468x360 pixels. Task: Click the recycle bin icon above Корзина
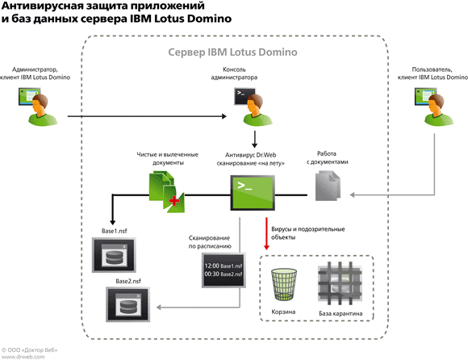pyautogui.click(x=283, y=284)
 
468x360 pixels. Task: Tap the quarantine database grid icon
pyautogui.click(x=340, y=283)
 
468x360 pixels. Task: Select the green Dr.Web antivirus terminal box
pyautogui.click(x=253, y=193)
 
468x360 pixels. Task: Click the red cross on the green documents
pyautogui.click(x=174, y=201)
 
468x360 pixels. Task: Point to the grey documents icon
pyautogui.click(x=328, y=186)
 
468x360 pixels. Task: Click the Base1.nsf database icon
pyautogui.click(x=114, y=255)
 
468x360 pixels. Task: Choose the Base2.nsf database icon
pyautogui.click(x=127, y=304)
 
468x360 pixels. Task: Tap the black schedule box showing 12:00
pyautogui.click(x=224, y=270)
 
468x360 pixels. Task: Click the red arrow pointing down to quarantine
pyautogui.click(x=266, y=234)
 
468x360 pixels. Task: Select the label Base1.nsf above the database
pyautogui.click(x=114, y=231)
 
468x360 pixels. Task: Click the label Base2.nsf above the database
pyautogui.click(x=128, y=281)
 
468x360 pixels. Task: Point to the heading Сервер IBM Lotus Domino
pyautogui.click(x=233, y=52)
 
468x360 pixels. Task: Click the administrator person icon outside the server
pyautogui.click(x=38, y=107)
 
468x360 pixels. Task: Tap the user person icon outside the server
pyautogui.click(x=434, y=107)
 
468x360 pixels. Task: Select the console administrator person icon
pyautogui.click(x=253, y=107)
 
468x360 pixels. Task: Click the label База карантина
pyautogui.click(x=341, y=313)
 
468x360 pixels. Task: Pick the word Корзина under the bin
pyautogui.click(x=283, y=312)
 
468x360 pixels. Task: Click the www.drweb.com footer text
pyautogui.click(x=23, y=357)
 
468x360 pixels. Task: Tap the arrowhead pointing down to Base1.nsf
pyautogui.click(x=112, y=222)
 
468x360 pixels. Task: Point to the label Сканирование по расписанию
pyautogui.click(x=210, y=242)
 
